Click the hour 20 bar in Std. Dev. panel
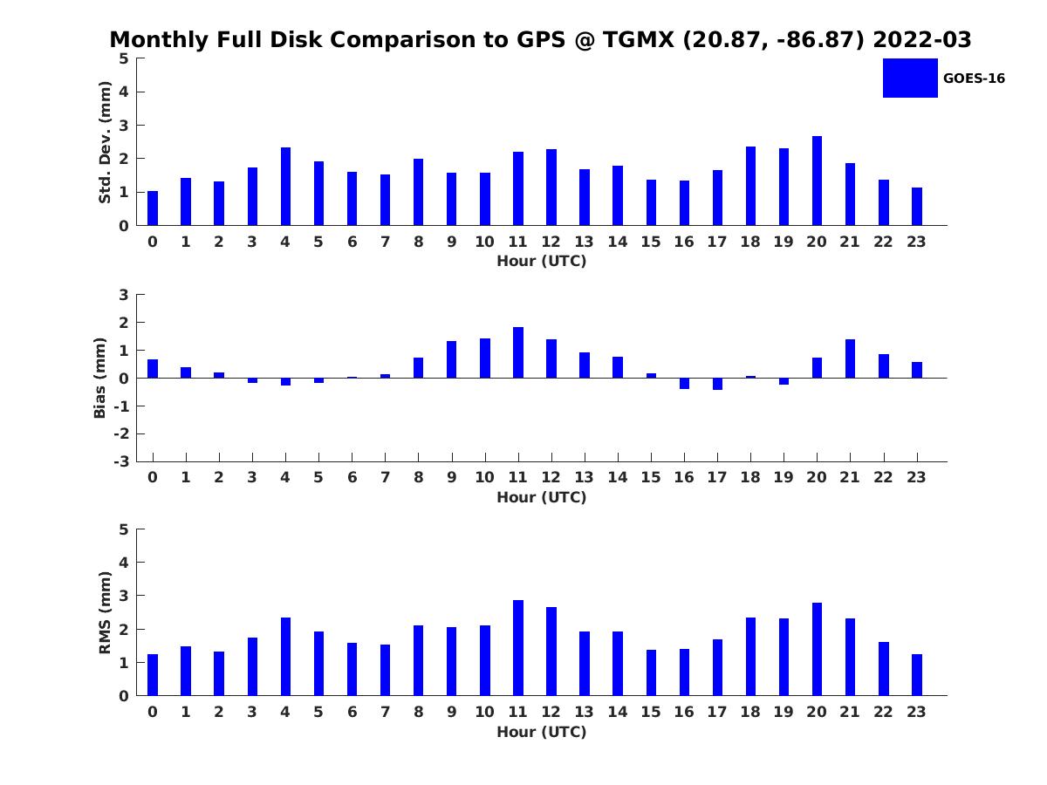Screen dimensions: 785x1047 [x=817, y=181]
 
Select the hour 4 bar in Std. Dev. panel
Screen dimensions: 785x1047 [x=285, y=187]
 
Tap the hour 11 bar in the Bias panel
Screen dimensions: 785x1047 [x=518, y=352]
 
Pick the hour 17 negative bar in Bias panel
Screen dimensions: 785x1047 [x=717, y=384]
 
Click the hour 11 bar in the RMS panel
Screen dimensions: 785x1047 [x=518, y=648]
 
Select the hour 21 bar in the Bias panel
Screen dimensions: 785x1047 [x=850, y=358]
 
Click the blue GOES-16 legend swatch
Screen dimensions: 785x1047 [x=909, y=78]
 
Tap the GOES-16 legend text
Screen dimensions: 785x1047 [x=974, y=78]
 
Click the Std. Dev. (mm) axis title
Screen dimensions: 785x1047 [x=105, y=142]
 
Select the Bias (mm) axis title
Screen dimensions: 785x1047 [x=100, y=378]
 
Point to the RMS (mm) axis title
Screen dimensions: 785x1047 [x=105, y=612]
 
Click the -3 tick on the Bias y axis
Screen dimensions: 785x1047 [x=123, y=461]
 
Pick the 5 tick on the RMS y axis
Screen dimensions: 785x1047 [x=124, y=529]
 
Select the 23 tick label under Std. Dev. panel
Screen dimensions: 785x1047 [x=916, y=242]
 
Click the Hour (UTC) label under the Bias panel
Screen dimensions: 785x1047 [x=541, y=497]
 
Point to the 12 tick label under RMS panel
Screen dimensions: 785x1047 [x=551, y=712]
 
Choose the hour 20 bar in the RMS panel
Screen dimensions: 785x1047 [x=817, y=649]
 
